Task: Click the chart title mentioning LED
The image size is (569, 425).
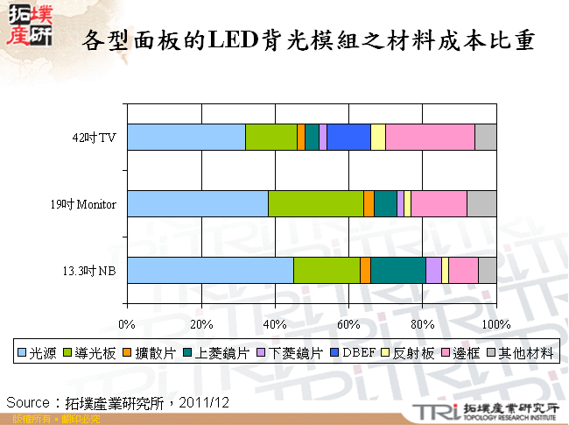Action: coord(306,40)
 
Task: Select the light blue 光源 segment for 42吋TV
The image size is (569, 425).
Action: coord(186,138)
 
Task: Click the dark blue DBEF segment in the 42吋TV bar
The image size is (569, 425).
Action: coord(348,138)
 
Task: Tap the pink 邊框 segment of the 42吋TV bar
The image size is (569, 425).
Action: coord(430,138)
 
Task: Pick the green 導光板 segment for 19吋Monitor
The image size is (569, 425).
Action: coord(315,203)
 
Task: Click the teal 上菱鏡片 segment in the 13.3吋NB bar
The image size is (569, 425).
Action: coord(397,270)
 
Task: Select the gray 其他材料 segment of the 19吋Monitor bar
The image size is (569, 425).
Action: coord(481,203)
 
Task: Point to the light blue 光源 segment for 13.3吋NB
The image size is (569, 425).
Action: coord(210,270)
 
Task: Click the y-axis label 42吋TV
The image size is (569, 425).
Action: coord(95,138)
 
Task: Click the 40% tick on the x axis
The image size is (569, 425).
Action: coord(275,325)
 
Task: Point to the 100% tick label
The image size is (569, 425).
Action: coord(496,325)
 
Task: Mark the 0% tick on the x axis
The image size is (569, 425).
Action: coord(127,325)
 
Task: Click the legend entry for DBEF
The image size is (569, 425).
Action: coord(358,354)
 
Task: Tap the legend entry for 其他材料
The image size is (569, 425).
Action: coord(525,354)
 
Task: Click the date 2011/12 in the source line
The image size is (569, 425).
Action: coord(209,401)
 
